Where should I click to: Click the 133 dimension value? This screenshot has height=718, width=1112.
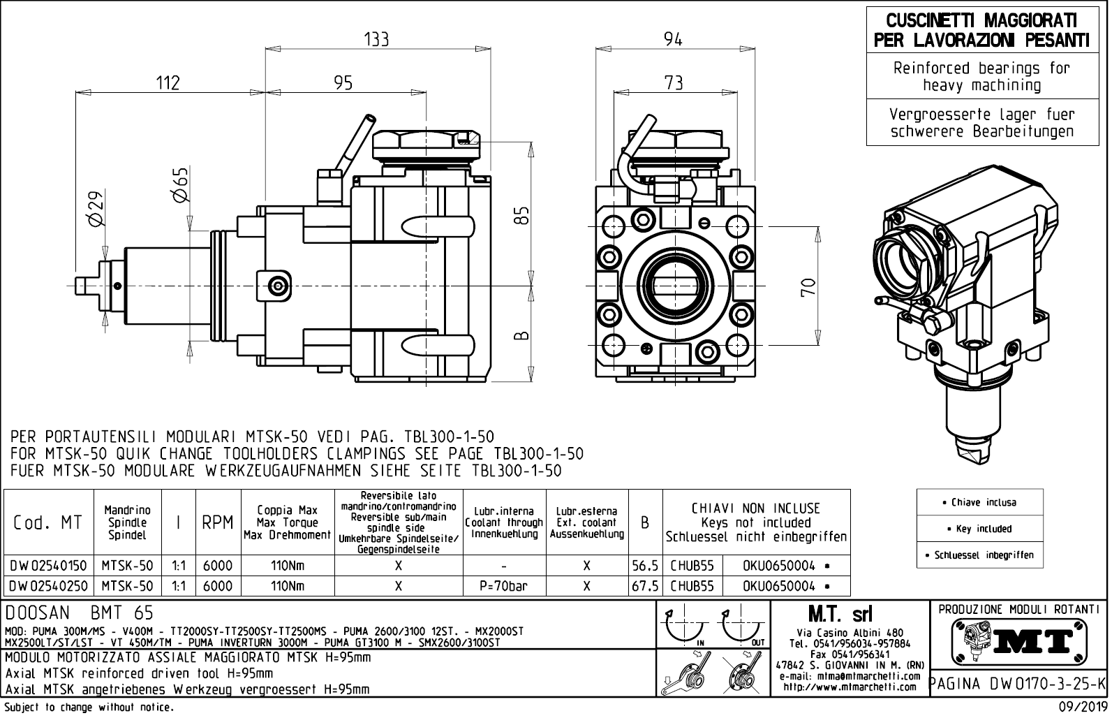376,39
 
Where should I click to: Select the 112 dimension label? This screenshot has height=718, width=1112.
168,84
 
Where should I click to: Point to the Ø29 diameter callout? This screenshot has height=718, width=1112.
96,208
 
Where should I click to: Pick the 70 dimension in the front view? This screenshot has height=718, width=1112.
808,286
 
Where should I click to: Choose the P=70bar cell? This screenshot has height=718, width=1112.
503,586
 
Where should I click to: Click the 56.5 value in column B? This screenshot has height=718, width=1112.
645,566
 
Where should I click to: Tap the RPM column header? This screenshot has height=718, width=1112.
217,522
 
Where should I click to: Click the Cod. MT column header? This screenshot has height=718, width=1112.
48,522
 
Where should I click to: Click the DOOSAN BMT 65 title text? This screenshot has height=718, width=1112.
79,613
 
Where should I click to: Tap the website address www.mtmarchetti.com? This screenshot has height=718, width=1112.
850,687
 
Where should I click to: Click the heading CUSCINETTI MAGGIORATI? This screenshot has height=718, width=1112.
981,20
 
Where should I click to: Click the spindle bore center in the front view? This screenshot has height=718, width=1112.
674,286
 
